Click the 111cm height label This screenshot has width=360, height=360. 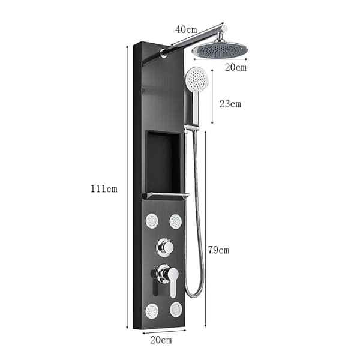(104, 189)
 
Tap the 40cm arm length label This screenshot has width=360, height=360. (186, 29)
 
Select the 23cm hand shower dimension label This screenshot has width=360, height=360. (230, 104)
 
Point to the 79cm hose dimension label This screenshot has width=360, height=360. (219, 250)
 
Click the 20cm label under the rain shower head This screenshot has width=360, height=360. (236, 67)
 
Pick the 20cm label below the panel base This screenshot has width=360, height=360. (161, 340)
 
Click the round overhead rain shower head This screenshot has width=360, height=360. (220, 49)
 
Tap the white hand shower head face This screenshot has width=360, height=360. (197, 78)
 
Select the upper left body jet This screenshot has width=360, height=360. (152, 221)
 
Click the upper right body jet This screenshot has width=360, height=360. (176, 221)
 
